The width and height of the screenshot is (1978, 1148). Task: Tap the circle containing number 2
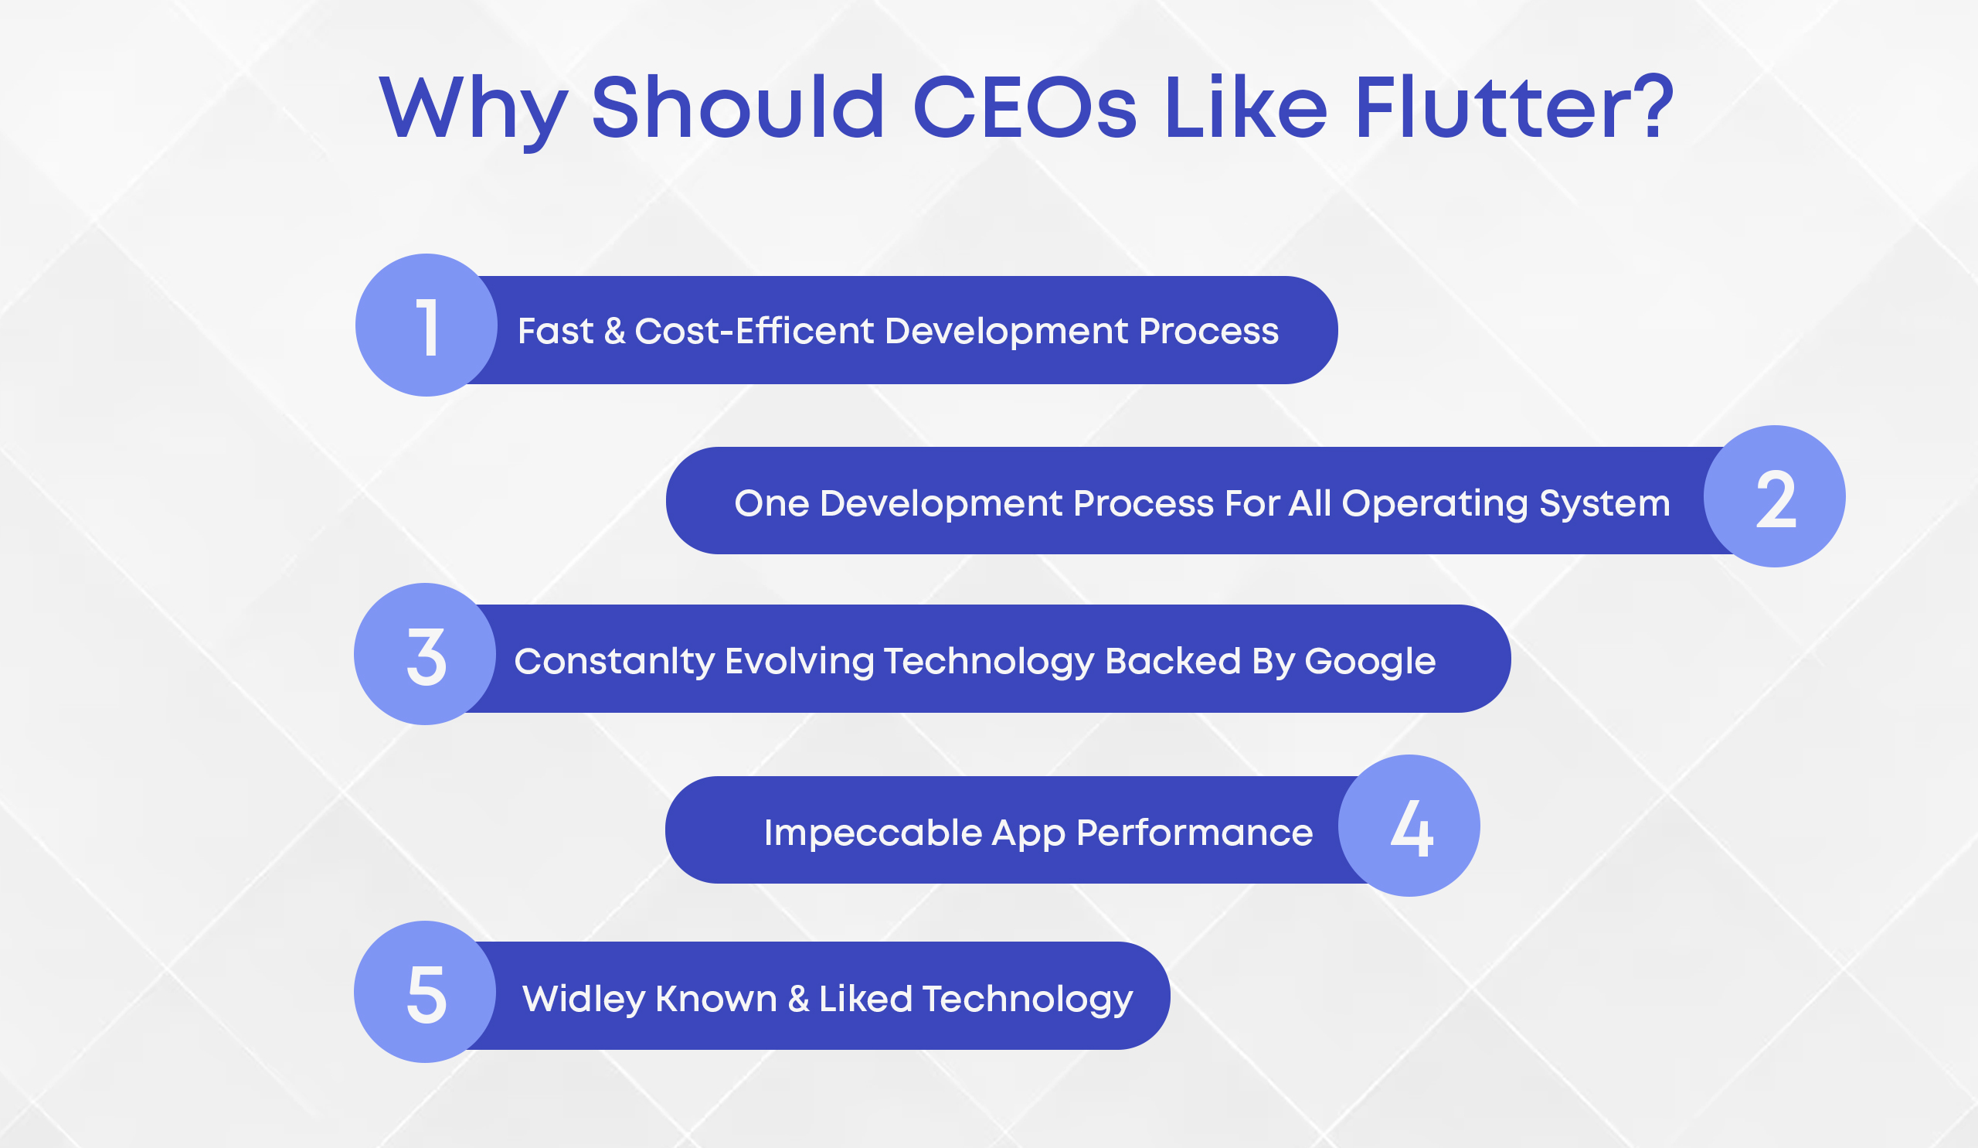(1774, 496)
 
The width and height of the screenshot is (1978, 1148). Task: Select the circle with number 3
(425, 654)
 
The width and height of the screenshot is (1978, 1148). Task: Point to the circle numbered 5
(425, 992)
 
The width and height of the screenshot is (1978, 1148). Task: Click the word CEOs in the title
(1025, 107)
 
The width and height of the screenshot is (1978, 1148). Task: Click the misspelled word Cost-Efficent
(753, 331)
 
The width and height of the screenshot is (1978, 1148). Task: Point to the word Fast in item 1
(556, 331)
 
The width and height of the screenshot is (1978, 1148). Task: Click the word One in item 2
(772, 503)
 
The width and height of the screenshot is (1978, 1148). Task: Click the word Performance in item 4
(1194, 833)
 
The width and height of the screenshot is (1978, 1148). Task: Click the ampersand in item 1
(614, 331)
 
